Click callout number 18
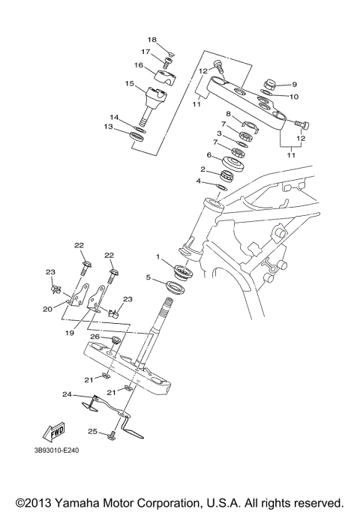pos(151,39)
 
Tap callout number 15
pos(130,84)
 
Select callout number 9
pos(294,85)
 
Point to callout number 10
pos(294,97)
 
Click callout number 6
pos(211,156)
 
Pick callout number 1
pos(158,257)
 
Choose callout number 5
pos(148,278)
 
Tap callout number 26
pos(95,337)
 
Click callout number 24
pos(67,394)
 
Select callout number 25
pos(93,431)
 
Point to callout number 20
pos(47,308)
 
